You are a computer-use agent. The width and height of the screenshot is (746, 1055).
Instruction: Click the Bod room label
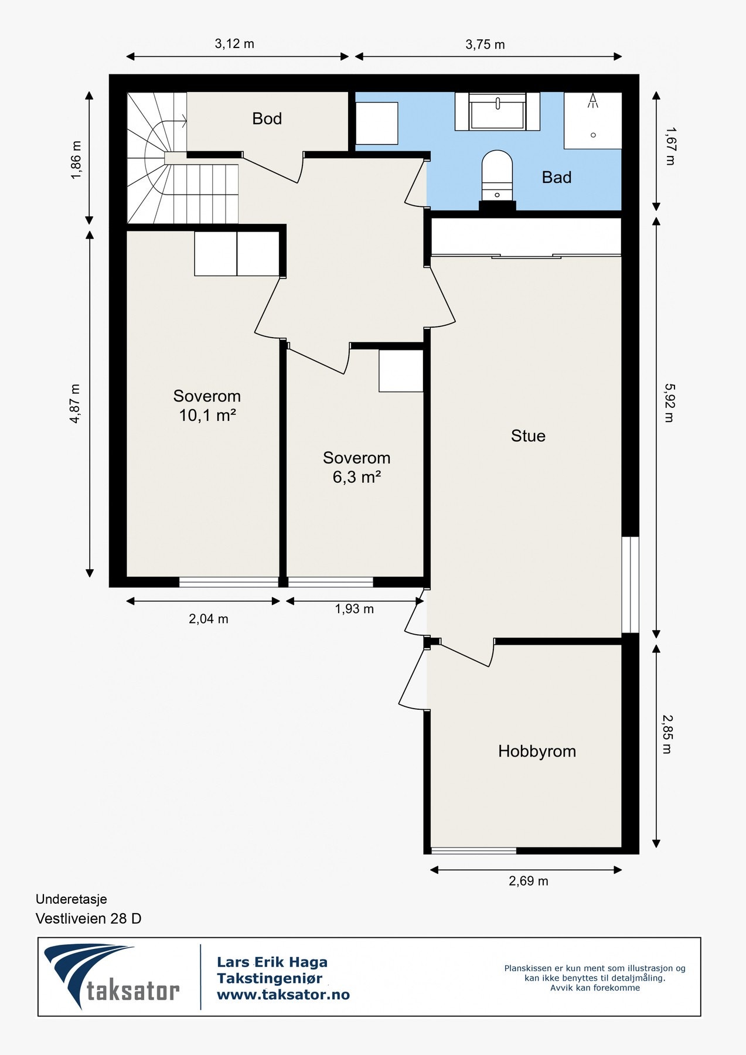click(x=267, y=118)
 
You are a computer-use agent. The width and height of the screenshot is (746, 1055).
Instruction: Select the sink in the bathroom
click(x=498, y=111)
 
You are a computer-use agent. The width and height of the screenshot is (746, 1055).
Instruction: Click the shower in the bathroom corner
click(x=592, y=120)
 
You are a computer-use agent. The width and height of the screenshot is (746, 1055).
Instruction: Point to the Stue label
click(x=528, y=435)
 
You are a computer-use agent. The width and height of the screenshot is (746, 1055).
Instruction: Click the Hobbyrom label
click(x=537, y=751)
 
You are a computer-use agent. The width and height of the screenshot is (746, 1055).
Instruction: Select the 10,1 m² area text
click(x=207, y=416)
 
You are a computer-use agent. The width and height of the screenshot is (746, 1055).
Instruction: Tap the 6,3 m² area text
click(x=357, y=477)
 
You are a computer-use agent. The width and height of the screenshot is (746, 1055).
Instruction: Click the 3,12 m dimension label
click(x=234, y=43)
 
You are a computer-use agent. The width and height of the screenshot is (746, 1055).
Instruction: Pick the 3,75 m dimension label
click(x=485, y=45)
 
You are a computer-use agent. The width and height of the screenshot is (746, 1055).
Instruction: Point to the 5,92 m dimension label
click(x=669, y=403)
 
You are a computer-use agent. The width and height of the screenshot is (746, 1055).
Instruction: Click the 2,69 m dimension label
click(x=529, y=881)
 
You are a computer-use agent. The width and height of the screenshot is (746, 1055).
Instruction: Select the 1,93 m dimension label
click(x=355, y=609)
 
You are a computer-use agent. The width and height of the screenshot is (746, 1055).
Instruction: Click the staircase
click(x=183, y=158)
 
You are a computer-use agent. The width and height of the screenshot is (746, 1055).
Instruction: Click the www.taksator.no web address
click(x=283, y=995)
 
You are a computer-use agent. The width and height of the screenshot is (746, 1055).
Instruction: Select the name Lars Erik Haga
click(x=272, y=962)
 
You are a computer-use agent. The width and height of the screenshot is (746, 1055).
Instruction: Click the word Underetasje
click(x=71, y=899)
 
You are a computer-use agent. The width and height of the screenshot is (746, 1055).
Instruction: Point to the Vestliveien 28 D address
click(x=88, y=918)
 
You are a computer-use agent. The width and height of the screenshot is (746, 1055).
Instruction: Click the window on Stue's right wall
click(x=630, y=584)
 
